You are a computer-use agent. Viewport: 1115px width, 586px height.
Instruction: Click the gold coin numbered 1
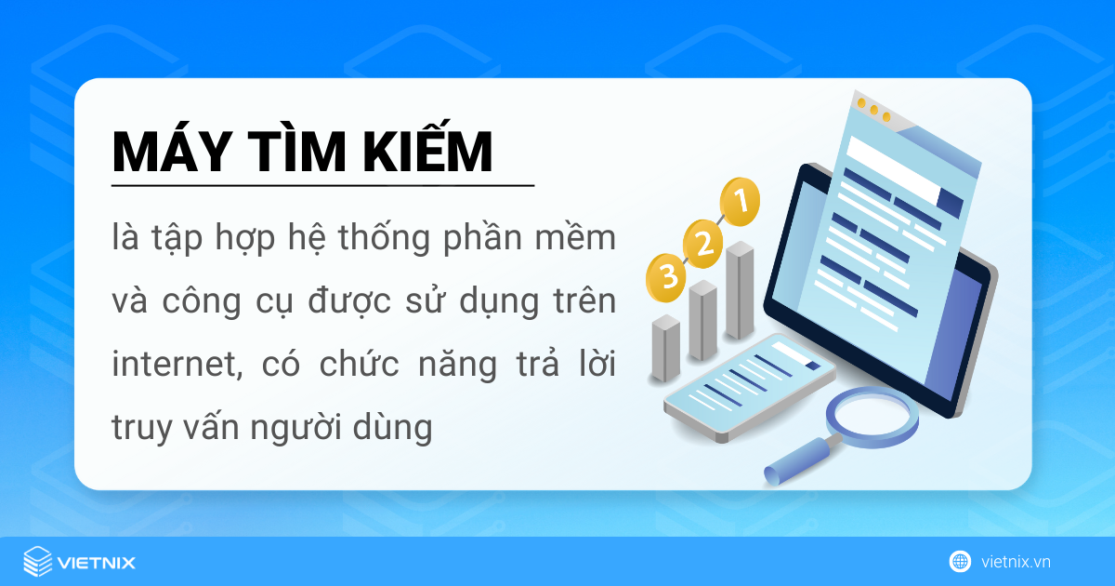pos(740,201)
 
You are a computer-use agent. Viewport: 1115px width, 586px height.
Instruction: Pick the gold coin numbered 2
pos(702,244)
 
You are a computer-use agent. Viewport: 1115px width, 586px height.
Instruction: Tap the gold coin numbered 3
pos(666,277)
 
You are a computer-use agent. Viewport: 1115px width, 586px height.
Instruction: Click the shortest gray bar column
pos(665,348)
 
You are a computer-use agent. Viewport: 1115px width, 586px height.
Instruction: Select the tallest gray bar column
pos(740,290)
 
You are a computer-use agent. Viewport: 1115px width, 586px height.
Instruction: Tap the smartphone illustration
pos(750,387)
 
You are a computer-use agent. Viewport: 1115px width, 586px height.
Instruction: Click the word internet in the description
pos(177,365)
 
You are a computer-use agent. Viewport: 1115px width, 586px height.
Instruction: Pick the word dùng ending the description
pos(393,428)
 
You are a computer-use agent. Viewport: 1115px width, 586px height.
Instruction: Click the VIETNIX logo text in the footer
pos(97,563)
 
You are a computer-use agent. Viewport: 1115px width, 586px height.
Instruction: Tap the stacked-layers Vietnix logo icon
pos(38,561)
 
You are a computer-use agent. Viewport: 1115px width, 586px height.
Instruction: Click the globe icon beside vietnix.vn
pos(960,562)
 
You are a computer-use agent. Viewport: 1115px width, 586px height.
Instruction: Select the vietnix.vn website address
pos(1016,562)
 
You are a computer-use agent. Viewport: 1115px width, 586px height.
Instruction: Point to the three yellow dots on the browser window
pos(873,110)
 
